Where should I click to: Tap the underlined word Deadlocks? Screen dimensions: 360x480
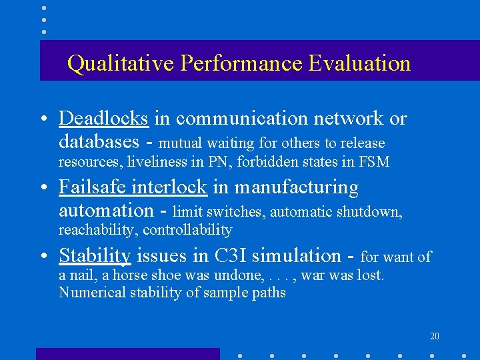(x=103, y=118)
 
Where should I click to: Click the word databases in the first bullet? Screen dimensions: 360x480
(x=99, y=141)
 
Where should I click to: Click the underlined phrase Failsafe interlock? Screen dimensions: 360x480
(x=133, y=187)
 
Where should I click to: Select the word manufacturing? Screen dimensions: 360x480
(x=296, y=188)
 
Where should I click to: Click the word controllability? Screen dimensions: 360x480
(x=187, y=231)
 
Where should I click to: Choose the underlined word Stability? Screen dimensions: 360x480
(x=95, y=255)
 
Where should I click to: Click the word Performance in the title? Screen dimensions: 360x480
(x=243, y=64)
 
